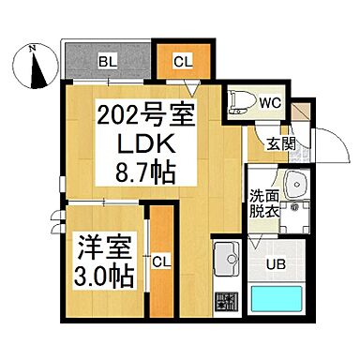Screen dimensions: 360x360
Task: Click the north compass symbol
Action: click(x=35, y=67)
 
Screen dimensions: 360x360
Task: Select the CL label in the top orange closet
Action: click(x=182, y=63)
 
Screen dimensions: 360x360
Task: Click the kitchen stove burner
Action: click(x=226, y=302)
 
